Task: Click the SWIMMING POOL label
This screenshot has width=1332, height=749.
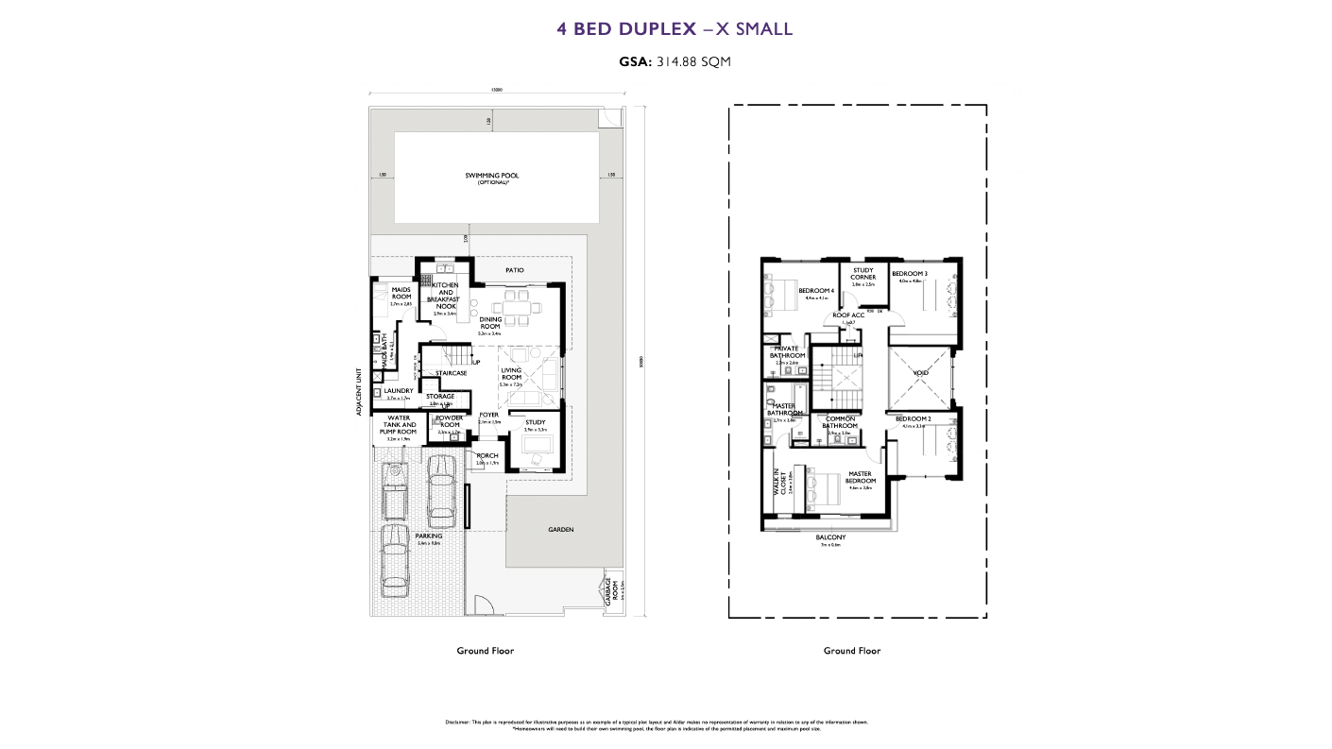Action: pyautogui.click(x=491, y=176)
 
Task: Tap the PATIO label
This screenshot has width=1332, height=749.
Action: pyautogui.click(x=514, y=270)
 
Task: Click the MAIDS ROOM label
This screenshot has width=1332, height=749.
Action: pyautogui.click(x=401, y=293)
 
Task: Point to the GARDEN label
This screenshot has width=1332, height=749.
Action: pyautogui.click(x=560, y=530)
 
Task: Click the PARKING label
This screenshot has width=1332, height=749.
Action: pyautogui.click(x=429, y=536)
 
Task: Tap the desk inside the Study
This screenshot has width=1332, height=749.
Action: pyautogui.click(x=536, y=445)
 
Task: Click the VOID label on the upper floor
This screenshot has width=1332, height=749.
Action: pyautogui.click(x=920, y=372)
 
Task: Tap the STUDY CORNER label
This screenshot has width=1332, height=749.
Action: pyautogui.click(x=862, y=274)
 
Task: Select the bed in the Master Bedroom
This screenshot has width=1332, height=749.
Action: pyautogui.click(x=820, y=488)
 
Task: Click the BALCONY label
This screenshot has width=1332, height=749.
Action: pyautogui.click(x=830, y=537)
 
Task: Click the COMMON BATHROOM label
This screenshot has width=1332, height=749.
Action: pyautogui.click(x=840, y=422)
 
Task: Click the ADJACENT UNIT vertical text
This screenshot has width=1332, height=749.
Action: pyautogui.click(x=359, y=391)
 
